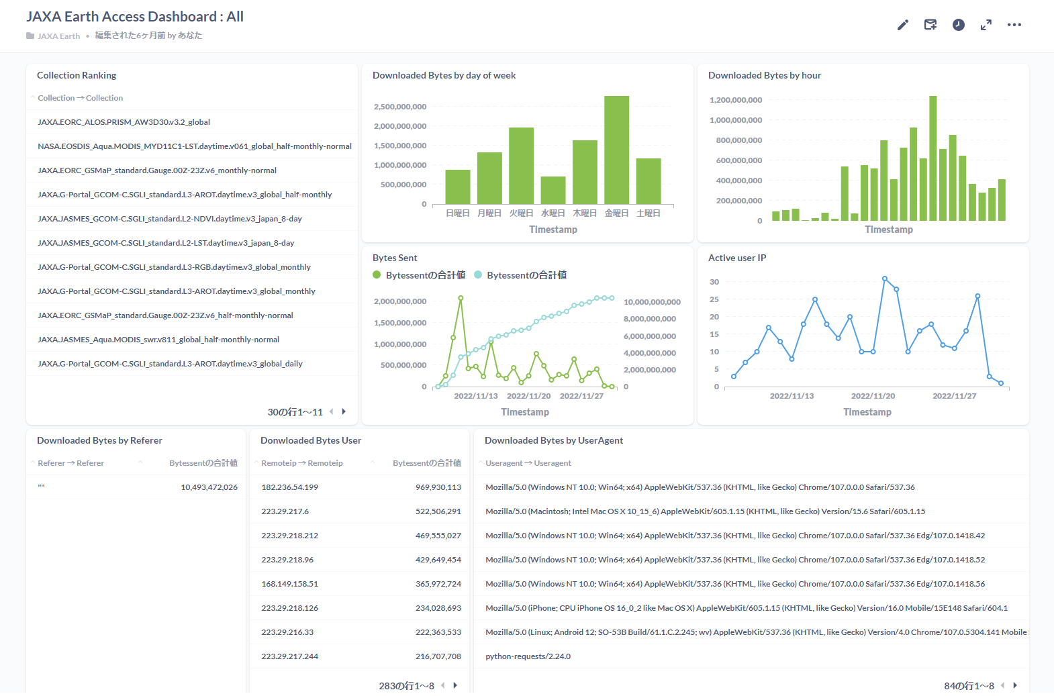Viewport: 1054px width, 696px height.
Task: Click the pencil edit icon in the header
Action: (902, 25)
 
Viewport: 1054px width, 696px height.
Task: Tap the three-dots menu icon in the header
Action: (1014, 25)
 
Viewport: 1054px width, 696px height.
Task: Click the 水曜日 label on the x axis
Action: (553, 213)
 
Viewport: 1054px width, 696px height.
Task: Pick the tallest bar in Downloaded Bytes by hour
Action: (932, 158)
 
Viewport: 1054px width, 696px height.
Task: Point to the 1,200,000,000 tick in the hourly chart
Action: (736, 100)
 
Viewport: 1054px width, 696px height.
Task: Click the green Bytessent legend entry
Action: (419, 275)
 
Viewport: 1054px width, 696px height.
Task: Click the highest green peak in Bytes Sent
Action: (461, 297)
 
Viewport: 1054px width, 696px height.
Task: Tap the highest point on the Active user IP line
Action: (885, 279)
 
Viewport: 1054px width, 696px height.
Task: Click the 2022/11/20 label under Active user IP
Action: (873, 396)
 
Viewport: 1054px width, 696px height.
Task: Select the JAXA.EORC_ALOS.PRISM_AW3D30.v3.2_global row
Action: (124, 122)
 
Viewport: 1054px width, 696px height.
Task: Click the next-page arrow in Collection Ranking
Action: (344, 411)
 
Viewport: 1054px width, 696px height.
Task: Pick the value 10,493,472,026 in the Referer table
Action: (209, 487)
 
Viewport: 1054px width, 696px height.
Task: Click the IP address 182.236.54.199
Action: (290, 487)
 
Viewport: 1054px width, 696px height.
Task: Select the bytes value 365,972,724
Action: (438, 584)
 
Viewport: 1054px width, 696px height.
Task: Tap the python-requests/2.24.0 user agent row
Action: (528, 656)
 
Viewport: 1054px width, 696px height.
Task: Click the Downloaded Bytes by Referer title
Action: (99, 440)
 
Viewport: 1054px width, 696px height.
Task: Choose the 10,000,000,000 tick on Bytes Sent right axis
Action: (652, 302)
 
